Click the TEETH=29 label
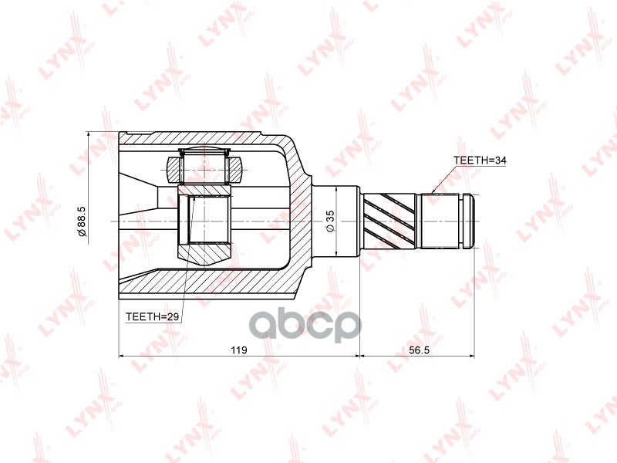[x=153, y=316]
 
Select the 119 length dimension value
[x=238, y=350]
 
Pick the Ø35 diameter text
[x=329, y=221]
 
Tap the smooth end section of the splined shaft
[x=443, y=221]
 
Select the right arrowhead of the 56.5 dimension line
[x=474, y=357]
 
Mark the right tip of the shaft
[x=477, y=221]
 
